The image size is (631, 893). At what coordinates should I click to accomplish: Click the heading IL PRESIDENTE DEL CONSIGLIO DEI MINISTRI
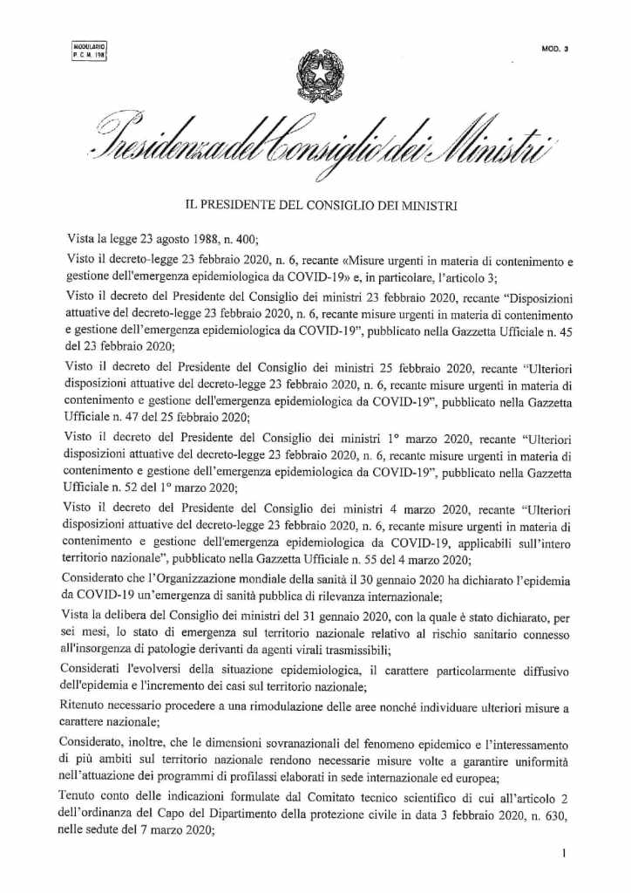tap(315, 207)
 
